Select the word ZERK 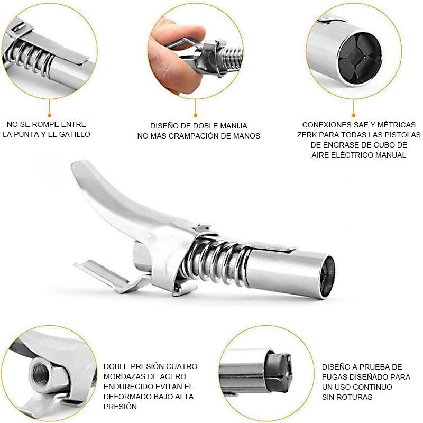point(307,135)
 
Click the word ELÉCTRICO point(352,155)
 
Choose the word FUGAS point(334,377)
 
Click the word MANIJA point(234,126)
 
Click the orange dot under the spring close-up point(49,115)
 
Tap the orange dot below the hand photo point(196,115)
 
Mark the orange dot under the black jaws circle point(354,115)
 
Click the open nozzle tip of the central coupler point(327,277)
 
